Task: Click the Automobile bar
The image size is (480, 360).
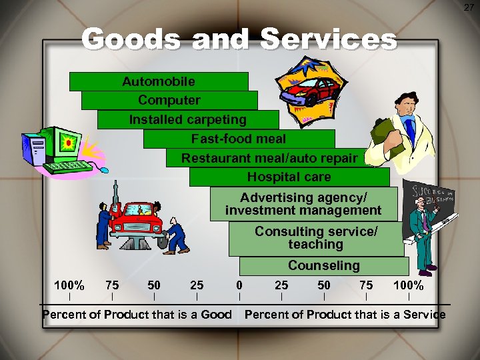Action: click(159, 81)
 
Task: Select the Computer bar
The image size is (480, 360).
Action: click(169, 100)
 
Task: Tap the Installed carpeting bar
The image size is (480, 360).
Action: click(187, 119)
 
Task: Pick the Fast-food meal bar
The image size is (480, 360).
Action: click(239, 139)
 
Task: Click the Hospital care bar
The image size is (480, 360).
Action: click(289, 177)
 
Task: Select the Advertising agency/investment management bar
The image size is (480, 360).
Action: click(303, 204)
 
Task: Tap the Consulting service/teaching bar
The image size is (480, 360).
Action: click(316, 238)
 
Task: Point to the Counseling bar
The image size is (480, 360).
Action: click(323, 265)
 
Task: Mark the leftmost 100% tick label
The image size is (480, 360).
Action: click(69, 285)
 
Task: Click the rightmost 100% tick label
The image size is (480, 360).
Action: click(408, 285)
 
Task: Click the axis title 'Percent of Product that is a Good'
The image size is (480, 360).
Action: click(137, 314)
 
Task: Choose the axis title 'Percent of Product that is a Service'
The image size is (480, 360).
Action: click(345, 314)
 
